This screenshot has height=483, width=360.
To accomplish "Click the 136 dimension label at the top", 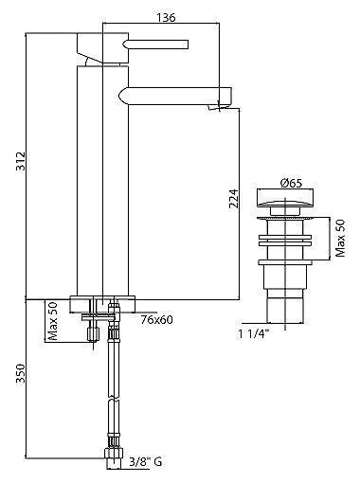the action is [x=166, y=18].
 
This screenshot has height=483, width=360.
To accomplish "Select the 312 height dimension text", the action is [x=21, y=161].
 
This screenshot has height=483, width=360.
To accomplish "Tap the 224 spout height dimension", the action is [x=233, y=199].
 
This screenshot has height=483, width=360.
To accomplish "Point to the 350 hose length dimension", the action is [x=21, y=373].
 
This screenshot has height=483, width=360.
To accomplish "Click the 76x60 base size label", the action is [x=157, y=320].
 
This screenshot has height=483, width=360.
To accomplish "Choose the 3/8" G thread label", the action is [x=146, y=462].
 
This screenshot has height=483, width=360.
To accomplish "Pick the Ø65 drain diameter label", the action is [x=291, y=183].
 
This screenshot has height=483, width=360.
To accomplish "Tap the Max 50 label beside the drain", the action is [x=340, y=239].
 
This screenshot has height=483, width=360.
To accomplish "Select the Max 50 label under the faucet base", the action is [x=52, y=321].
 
